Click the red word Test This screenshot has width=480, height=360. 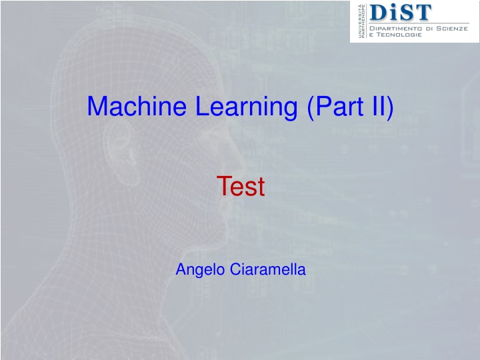click(x=241, y=187)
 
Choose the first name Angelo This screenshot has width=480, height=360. click(x=200, y=270)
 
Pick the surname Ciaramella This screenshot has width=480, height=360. click(x=268, y=270)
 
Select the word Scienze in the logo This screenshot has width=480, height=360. click(x=455, y=29)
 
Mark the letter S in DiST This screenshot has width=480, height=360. click(x=405, y=12)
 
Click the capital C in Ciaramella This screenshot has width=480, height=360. click(x=235, y=270)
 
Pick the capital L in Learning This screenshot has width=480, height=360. click(x=201, y=106)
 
